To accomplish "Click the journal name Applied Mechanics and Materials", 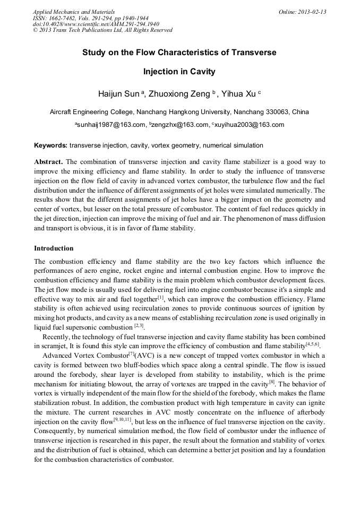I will (74, 11).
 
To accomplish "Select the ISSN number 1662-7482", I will (63, 18).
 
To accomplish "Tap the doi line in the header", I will (88, 24).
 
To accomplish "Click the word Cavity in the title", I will (203, 71).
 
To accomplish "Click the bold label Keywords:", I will (50, 145).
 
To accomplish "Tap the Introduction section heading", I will (54, 248).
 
